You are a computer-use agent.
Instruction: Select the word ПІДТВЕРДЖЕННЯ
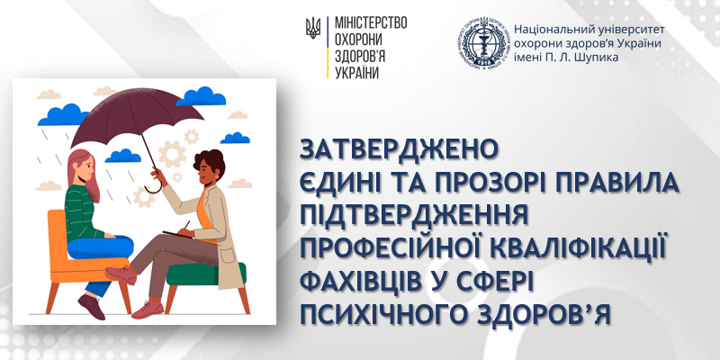[x=413, y=215]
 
